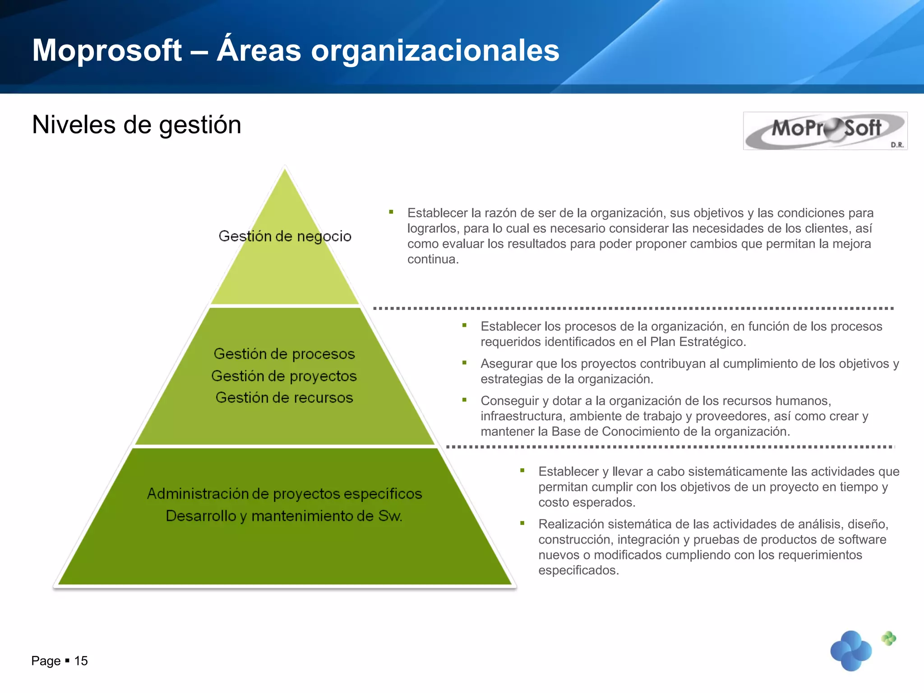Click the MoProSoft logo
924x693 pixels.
click(x=825, y=130)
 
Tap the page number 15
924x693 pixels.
click(x=81, y=661)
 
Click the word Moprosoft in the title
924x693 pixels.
click(x=107, y=50)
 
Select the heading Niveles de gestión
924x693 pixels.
click(x=137, y=125)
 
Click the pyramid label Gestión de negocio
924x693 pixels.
click(x=285, y=236)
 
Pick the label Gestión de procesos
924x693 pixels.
click(x=284, y=354)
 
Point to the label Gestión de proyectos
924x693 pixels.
click(x=284, y=376)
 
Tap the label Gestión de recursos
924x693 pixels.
click(x=284, y=397)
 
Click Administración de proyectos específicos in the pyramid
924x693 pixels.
click(x=284, y=494)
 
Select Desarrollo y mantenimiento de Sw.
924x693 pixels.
click(x=284, y=516)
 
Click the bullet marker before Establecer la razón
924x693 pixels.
click(x=391, y=212)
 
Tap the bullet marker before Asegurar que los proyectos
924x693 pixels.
click(x=464, y=363)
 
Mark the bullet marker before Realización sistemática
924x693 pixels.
click(x=522, y=523)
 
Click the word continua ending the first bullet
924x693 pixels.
click(x=432, y=259)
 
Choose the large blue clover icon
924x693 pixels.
click(x=851, y=651)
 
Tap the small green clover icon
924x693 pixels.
click(x=889, y=638)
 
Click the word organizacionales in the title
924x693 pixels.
click(x=435, y=50)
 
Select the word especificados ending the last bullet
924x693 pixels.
click(x=578, y=570)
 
